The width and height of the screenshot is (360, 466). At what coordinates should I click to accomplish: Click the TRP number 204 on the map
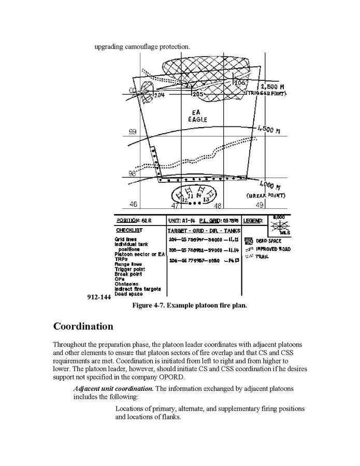click(159, 95)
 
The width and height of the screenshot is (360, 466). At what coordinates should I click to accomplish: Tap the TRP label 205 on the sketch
click(197, 95)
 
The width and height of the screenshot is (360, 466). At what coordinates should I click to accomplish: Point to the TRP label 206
click(239, 82)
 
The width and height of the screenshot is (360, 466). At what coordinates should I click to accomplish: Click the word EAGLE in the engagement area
click(197, 119)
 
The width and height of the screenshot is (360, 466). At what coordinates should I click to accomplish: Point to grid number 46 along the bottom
click(134, 205)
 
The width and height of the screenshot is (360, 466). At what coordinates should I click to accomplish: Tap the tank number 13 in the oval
click(206, 199)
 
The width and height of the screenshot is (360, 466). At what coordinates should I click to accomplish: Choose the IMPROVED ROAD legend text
click(274, 249)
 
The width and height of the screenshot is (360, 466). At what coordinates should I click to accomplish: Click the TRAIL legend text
click(264, 256)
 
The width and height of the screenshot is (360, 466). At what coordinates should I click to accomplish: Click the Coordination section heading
click(83, 327)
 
